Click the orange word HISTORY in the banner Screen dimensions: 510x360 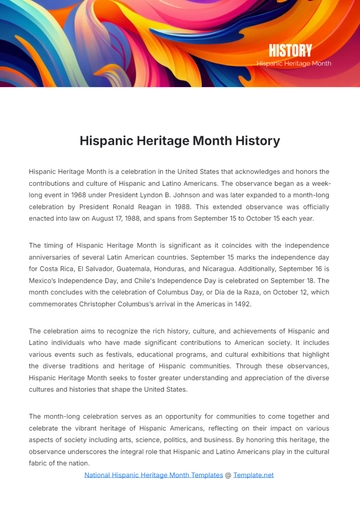(290, 50)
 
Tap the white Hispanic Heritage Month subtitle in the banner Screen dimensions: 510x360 (293, 63)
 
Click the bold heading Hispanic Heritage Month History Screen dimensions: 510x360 (180, 141)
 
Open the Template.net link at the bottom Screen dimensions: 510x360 (253, 475)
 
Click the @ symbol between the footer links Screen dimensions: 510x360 (227, 475)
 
